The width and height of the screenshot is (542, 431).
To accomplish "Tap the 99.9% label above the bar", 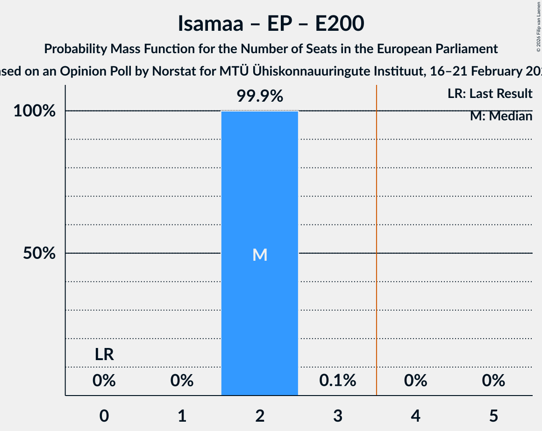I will click(260, 96).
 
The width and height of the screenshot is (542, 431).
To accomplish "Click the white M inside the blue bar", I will click(260, 255).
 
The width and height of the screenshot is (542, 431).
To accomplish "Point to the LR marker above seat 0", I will click(104, 355).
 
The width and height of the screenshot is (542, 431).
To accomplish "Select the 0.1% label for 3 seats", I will click(338, 381).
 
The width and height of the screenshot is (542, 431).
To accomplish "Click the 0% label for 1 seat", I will click(182, 381).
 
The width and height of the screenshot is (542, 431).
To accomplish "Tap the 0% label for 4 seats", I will click(416, 381).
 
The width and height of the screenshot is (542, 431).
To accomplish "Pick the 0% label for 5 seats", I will click(494, 381).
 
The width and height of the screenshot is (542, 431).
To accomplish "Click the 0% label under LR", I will click(104, 381).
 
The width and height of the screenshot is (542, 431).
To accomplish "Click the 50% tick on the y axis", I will click(40, 254).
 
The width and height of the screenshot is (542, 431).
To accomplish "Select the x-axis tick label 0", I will click(104, 415).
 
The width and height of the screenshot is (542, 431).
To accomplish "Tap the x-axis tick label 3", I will click(338, 415).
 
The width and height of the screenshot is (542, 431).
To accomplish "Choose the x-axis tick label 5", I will click(494, 415).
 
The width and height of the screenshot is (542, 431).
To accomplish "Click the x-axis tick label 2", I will click(260, 415).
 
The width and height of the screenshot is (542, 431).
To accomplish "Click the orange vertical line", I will click(377, 233).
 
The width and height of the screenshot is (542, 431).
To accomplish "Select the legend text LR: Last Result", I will click(490, 94).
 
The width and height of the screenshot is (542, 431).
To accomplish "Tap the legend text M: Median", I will click(501, 116).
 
